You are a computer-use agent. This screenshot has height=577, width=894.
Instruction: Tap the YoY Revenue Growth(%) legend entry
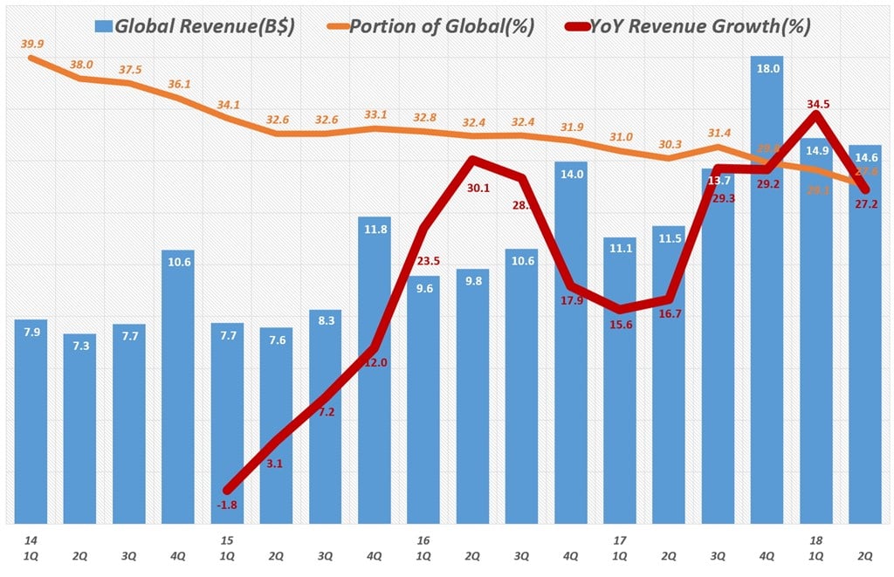point(691,27)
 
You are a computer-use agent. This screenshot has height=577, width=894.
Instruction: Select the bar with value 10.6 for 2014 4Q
point(179,384)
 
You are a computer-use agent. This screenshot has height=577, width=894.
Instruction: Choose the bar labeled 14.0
point(571,340)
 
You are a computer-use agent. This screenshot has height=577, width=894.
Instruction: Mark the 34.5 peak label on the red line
point(819,105)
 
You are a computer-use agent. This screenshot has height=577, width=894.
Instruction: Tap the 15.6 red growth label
point(621,326)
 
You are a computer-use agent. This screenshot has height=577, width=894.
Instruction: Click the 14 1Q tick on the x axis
point(31,548)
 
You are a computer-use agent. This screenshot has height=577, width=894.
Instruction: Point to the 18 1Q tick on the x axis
point(816,548)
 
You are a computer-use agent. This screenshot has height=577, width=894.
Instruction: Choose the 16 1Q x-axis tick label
point(423,548)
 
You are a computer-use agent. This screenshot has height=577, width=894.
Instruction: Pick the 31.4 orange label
point(719,133)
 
